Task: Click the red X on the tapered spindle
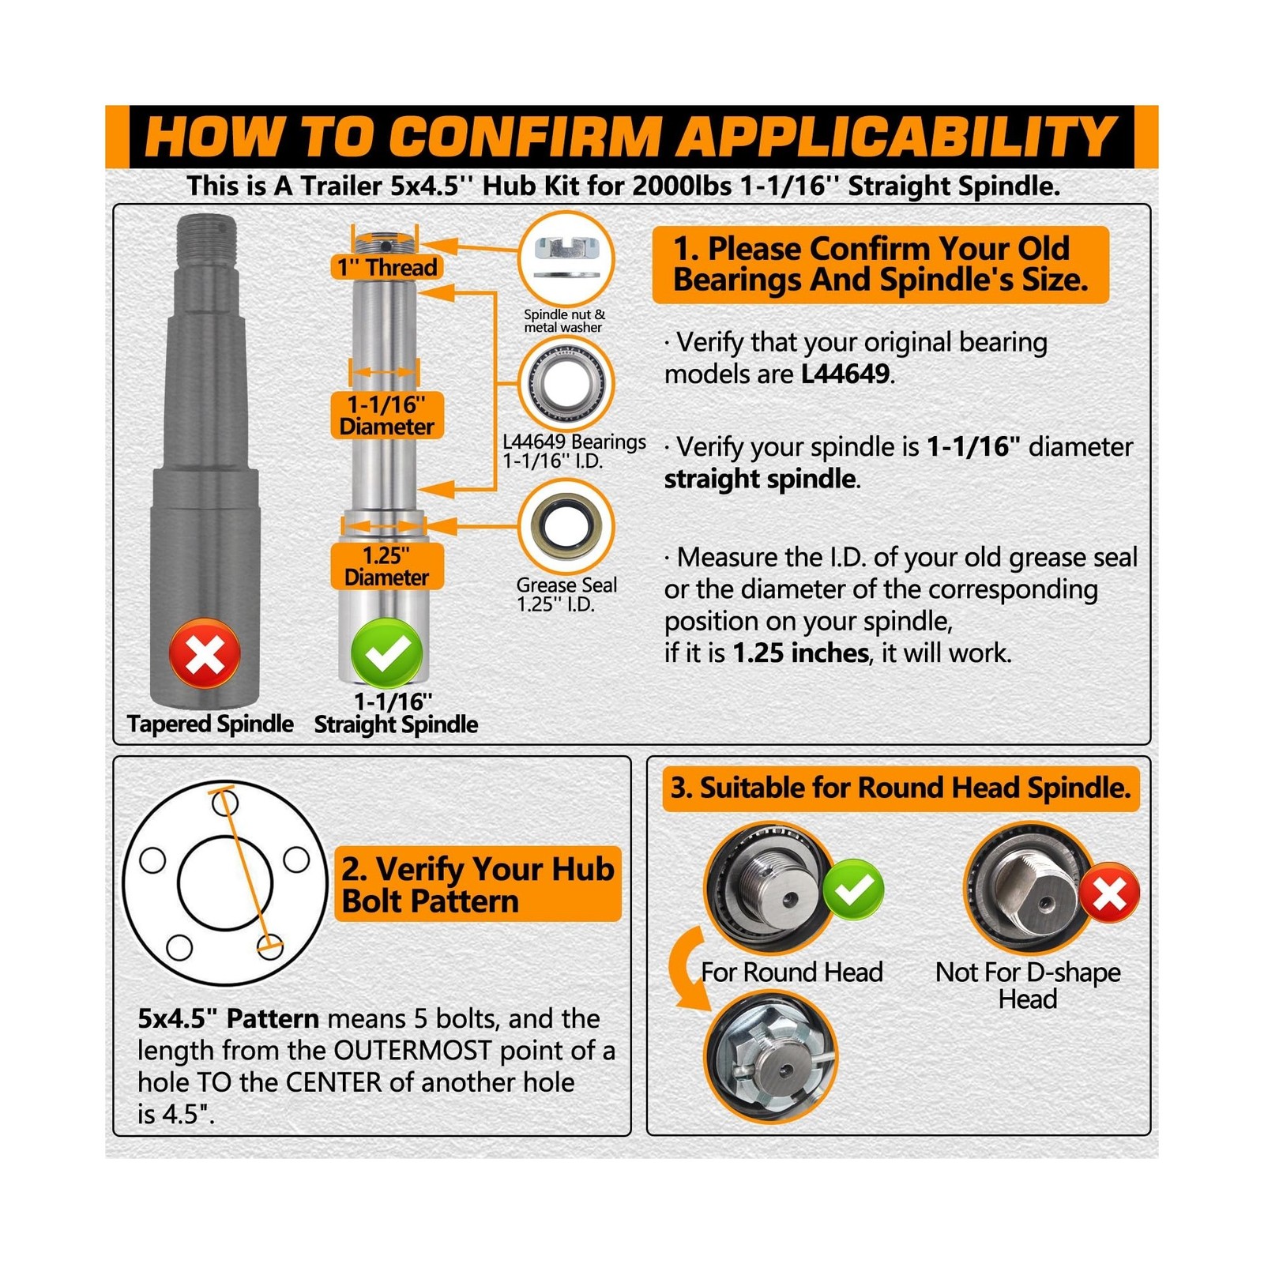coord(205,653)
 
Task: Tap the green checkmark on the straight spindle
coord(386,653)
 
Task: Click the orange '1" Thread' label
coord(386,267)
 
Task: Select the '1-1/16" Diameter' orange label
coord(387,416)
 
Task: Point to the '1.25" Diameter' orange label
coord(386,566)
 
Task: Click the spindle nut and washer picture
coord(566,258)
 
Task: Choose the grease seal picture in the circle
coord(566,526)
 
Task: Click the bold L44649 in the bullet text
coord(845,374)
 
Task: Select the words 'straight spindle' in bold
coord(759,479)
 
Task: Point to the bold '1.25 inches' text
coord(800,653)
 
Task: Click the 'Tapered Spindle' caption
coord(210,724)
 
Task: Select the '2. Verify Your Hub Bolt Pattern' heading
coord(478,885)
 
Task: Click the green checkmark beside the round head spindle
coord(853,890)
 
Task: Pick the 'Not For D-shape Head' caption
coord(1028,985)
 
